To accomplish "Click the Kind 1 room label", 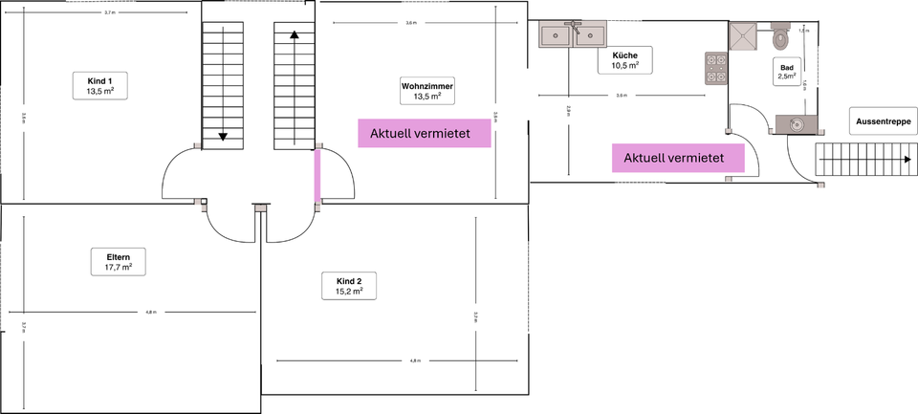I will tap(99, 84).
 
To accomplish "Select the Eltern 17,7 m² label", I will tap(119, 262).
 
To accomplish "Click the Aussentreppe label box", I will tap(877, 121).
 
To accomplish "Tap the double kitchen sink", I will tap(574, 35).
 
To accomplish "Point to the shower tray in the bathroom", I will tap(744, 36).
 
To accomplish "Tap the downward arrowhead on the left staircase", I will tap(223, 136).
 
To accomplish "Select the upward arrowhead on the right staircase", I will tap(294, 36).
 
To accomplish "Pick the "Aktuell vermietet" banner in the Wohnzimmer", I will tap(425, 135).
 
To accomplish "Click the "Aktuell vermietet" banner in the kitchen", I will tap(679, 158).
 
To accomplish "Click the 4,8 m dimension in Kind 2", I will tap(414, 360).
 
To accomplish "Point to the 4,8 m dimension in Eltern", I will tap(150, 313).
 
